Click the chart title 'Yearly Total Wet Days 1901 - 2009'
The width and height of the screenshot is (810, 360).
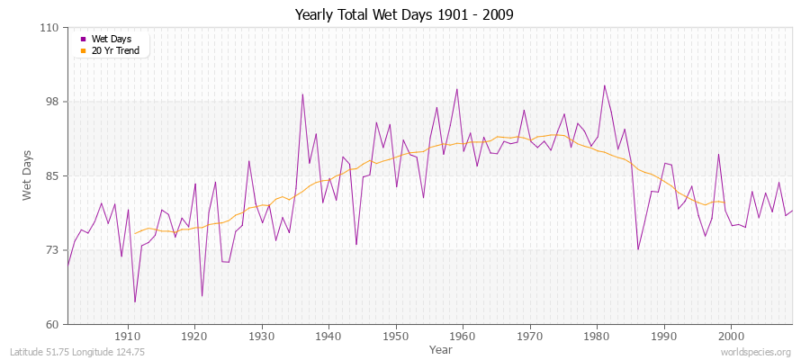[404, 15]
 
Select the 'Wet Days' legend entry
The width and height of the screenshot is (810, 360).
[111, 39]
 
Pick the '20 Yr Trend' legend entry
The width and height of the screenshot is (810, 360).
[116, 50]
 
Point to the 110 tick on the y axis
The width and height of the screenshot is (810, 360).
[49, 28]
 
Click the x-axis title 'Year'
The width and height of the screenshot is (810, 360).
[441, 348]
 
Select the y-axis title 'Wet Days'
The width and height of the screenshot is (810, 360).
[28, 175]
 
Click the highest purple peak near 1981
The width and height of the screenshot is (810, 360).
[604, 85]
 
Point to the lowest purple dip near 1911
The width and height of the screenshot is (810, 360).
[135, 301]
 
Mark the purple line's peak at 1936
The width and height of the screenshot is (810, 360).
[302, 94]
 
